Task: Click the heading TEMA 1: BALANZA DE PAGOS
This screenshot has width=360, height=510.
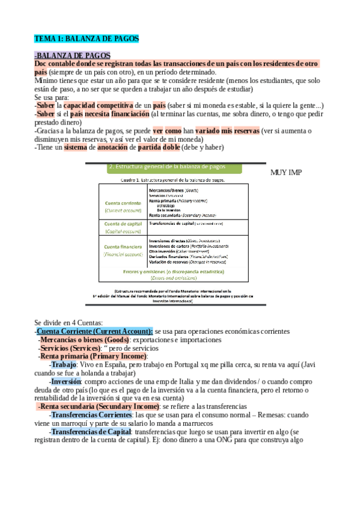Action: point(87,38)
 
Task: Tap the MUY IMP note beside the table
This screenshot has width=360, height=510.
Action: point(287,172)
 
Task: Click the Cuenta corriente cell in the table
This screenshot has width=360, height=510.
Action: point(123,206)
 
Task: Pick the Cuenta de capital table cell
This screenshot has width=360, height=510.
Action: point(123,227)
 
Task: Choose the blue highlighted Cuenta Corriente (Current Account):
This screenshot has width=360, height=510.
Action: point(95,331)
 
